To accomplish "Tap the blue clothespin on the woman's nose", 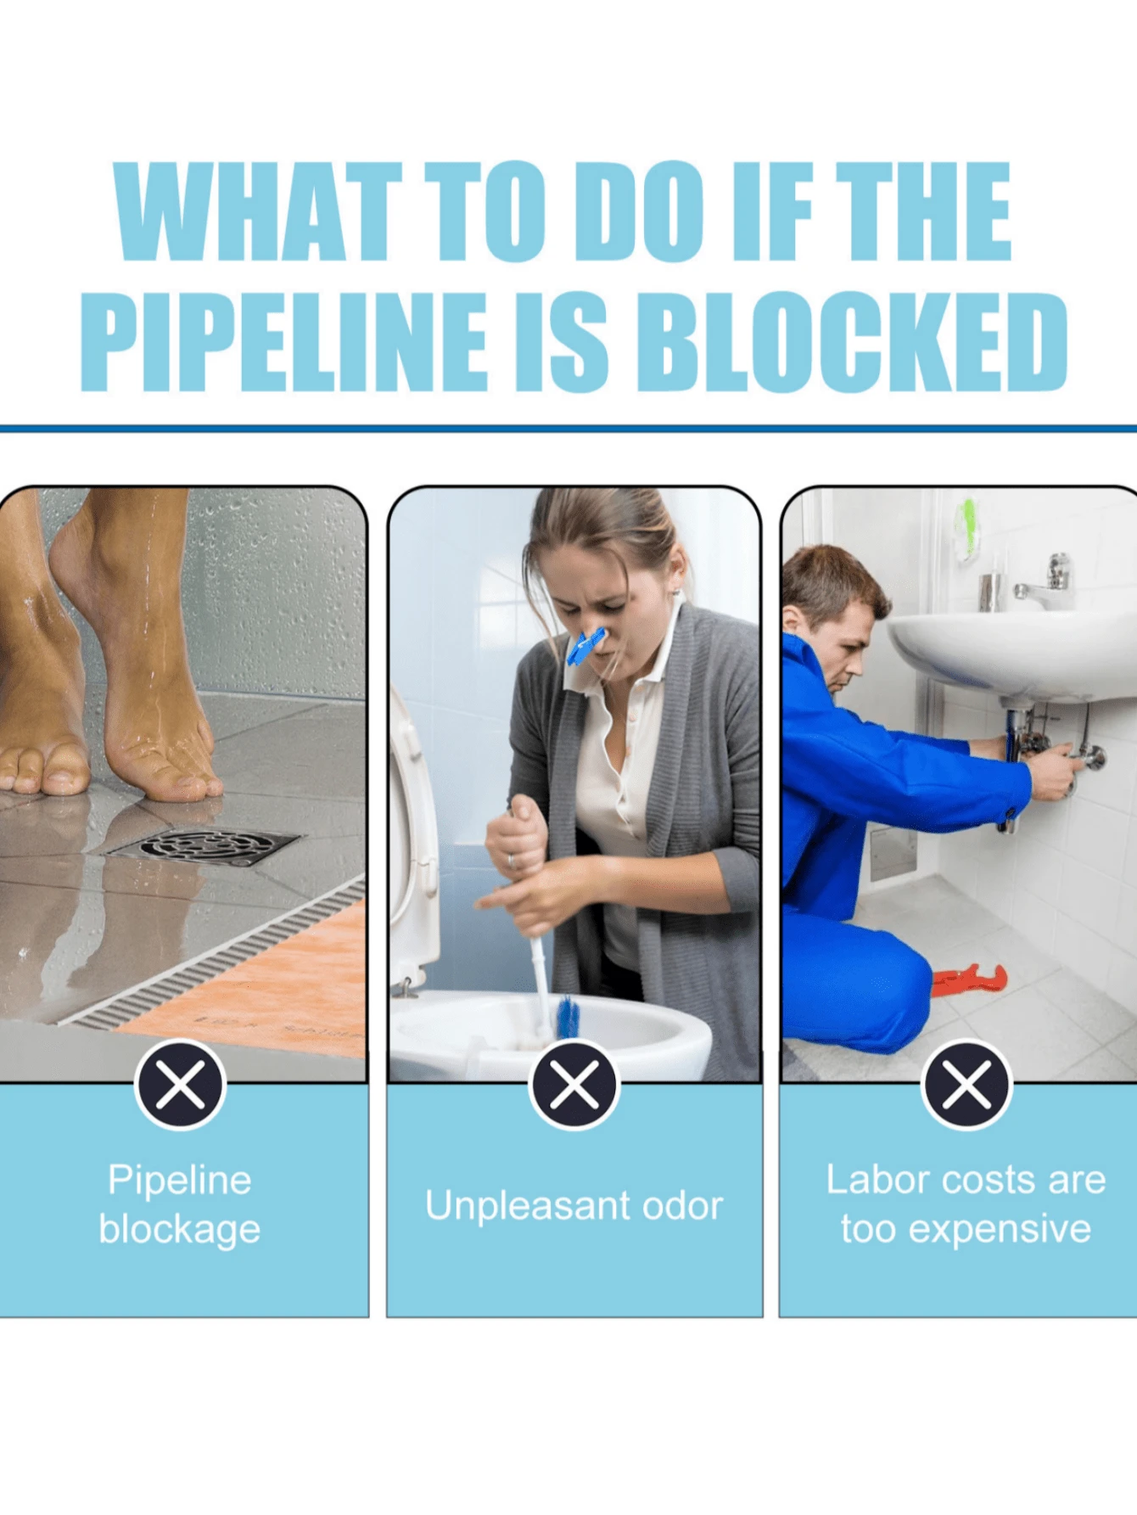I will pyautogui.click(x=585, y=647).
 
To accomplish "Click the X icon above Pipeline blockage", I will pyautogui.click(x=180, y=1085).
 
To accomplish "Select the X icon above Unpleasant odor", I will pyautogui.click(x=574, y=1085).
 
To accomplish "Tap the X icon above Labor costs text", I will pyautogui.click(x=966, y=1085).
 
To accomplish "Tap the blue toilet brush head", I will pyautogui.click(x=568, y=1018).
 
